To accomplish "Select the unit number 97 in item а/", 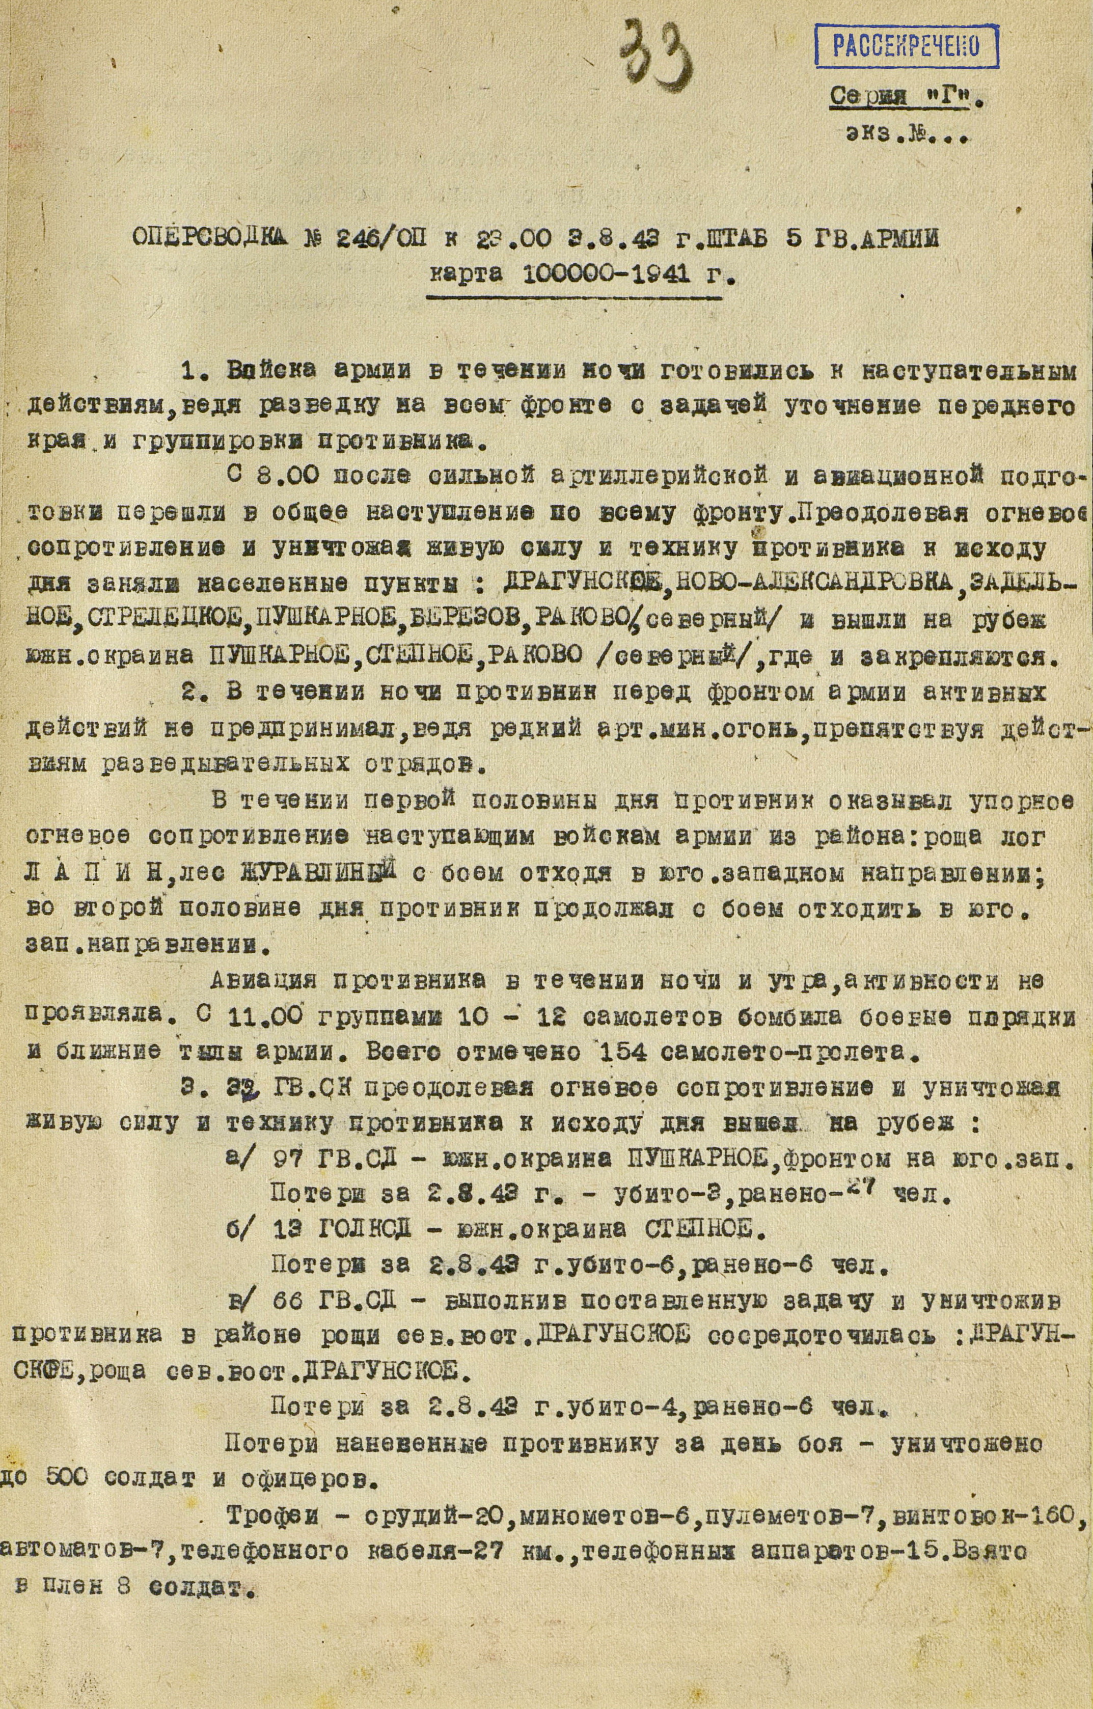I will point(288,1160).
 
